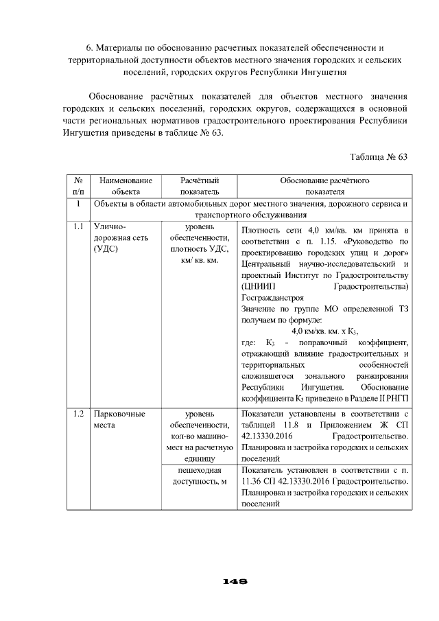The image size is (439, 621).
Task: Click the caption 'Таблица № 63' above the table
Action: [x=379, y=157]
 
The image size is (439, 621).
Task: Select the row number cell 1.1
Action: [x=78, y=226]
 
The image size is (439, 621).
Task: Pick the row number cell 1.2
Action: [x=78, y=414]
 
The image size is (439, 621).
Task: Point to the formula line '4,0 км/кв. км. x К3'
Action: [x=324, y=331]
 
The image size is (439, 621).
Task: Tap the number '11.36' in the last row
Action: [x=253, y=482]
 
